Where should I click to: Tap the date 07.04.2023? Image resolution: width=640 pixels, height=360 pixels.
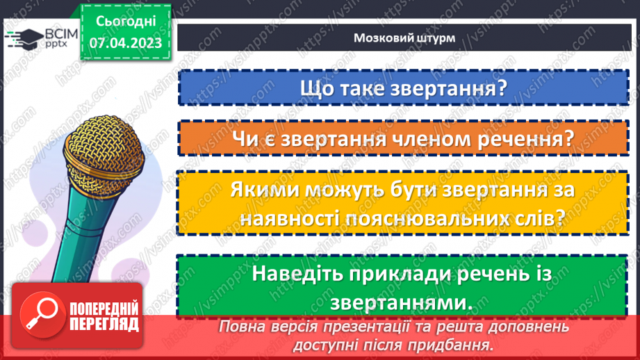tap(125, 44)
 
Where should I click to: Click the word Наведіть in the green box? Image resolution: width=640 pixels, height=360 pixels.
tap(303, 274)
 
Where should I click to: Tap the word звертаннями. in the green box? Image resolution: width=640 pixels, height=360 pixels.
tap(397, 302)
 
